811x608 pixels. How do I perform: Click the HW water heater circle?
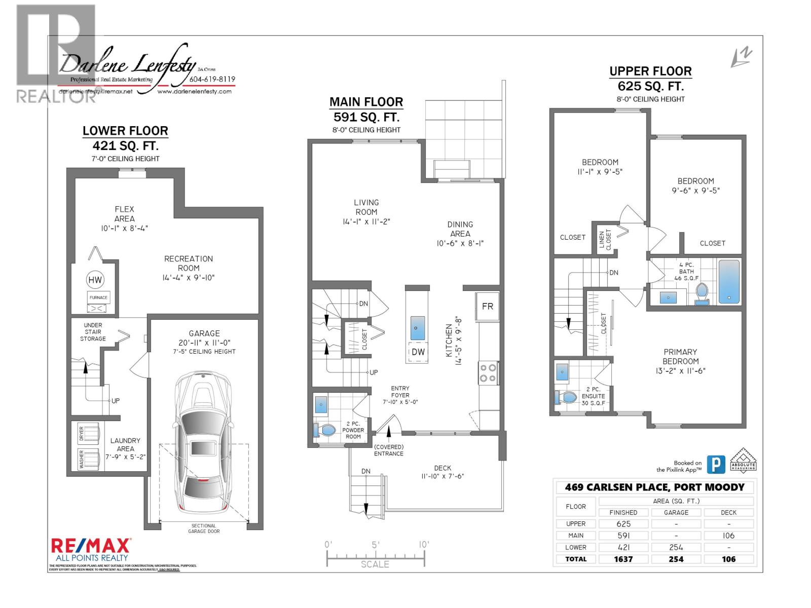pyautogui.click(x=95, y=280)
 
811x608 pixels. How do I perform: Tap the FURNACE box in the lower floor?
pyautogui.click(x=98, y=297)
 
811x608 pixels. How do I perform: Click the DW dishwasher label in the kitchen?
pyautogui.click(x=418, y=352)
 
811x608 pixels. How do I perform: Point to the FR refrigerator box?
pyautogui.click(x=487, y=307)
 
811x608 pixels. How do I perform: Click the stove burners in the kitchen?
pyautogui.click(x=488, y=373)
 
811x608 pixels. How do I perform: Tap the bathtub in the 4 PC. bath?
pyautogui.click(x=729, y=282)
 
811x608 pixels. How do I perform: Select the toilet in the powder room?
pyautogui.click(x=325, y=431)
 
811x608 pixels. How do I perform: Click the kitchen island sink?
pyautogui.click(x=416, y=328)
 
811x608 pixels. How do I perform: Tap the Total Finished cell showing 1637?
pyautogui.click(x=623, y=559)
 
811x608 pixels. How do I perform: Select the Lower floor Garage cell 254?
pyautogui.click(x=676, y=547)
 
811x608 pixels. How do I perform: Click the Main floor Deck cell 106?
pyautogui.click(x=729, y=536)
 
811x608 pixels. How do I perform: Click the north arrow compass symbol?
pyautogui.click(x=741, y=57)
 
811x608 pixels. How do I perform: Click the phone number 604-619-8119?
pyautogui.click(x=212, y=80)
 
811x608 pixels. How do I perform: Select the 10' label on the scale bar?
pyautogui.click(x=424, y=544)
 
